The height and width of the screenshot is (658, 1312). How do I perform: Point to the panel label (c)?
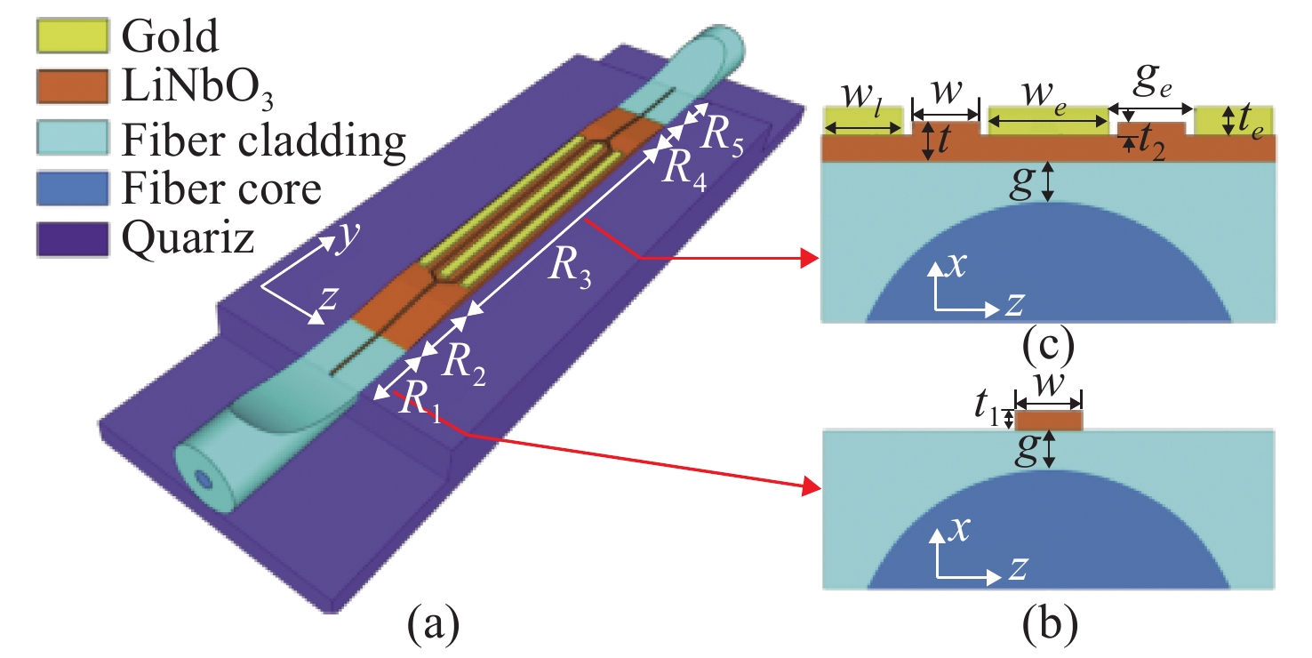tap(1049, 347)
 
